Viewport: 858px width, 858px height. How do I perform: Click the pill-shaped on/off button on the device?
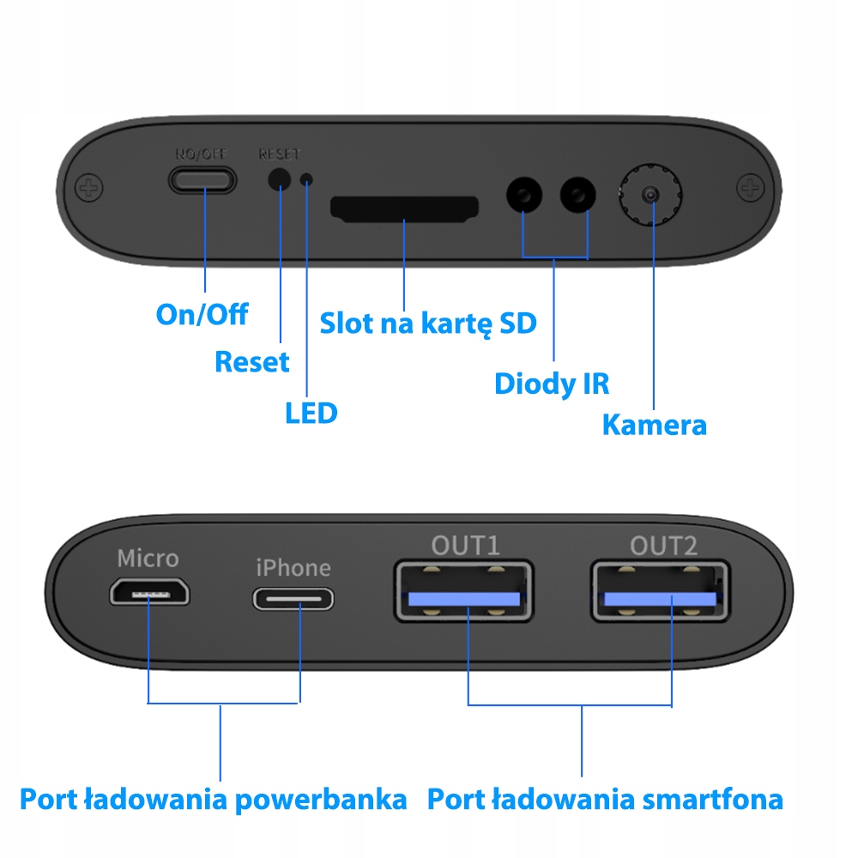[x=202, y=179]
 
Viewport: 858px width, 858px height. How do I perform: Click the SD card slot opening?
[x=404, y=208]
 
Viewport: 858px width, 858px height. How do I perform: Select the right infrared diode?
[x=578, y=196]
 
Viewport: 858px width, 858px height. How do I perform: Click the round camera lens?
[x=651, y=195]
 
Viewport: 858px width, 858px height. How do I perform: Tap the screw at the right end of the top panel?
[x=750, y=186]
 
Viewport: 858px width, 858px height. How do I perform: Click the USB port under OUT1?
[x=463, y=590]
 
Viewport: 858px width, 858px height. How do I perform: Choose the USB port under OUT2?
[x=659, y=590]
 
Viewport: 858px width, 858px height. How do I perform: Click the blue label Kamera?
[x=654, y=425]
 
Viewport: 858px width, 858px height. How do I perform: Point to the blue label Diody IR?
[x=552, y=384]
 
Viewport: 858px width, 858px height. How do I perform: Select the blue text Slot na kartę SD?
[x=427, y=323]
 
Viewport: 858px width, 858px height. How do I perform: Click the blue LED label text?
[x=311, y=414]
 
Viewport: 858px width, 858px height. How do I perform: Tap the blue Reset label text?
[x=251, y=362]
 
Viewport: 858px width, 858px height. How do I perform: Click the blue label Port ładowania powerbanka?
[x=213, y=800]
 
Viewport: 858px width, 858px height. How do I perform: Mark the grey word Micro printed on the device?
[x=148, y=559]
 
